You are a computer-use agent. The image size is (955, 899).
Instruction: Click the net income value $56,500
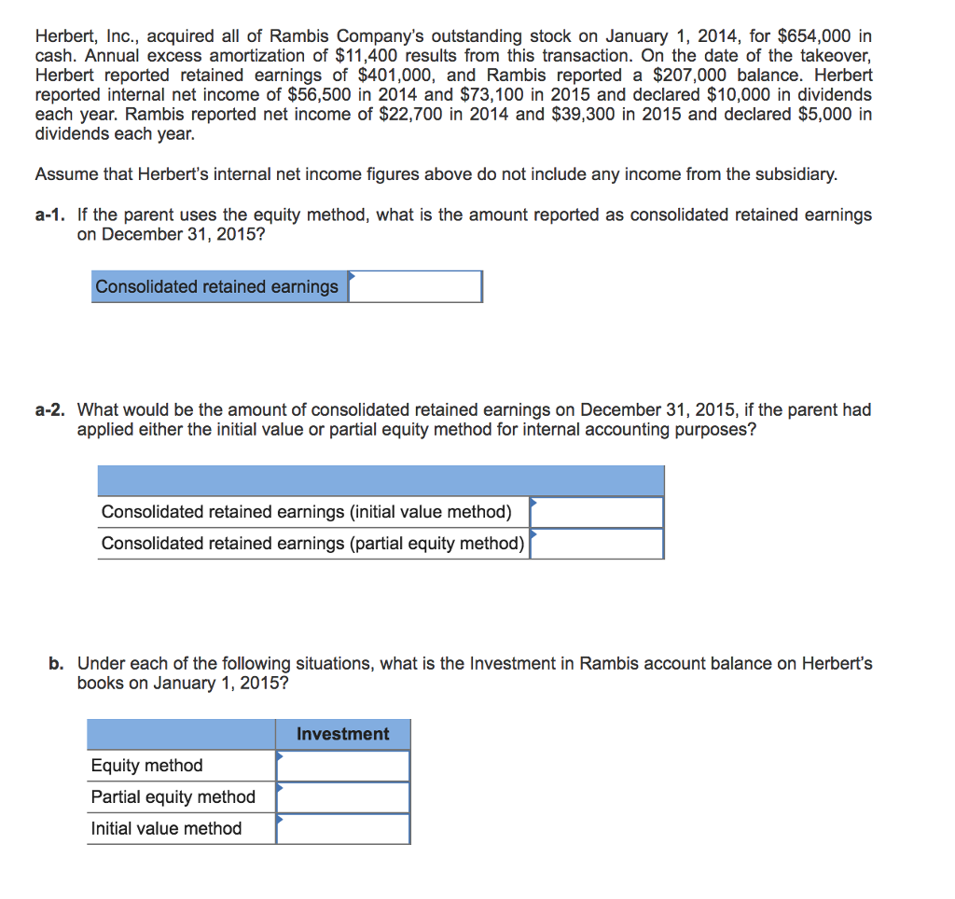click(x=319, y=95)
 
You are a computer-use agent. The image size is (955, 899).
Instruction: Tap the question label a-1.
click(x=50, y=215)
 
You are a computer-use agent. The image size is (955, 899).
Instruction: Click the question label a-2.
click(x=50, y=410)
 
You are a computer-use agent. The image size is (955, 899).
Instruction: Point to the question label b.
click(x=57, y=664)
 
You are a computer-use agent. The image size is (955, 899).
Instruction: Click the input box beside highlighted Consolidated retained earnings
click(x=415, y=287)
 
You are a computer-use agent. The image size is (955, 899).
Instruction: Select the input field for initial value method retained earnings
click(x=597, y=512)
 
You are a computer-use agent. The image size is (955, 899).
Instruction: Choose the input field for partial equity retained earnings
click(x=597, y=544)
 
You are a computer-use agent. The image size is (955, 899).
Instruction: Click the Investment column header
click(x=342, y=734)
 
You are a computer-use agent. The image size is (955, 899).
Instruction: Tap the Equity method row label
click(x=146, y=766)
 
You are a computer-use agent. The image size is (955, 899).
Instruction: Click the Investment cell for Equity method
click(x=342, y=766)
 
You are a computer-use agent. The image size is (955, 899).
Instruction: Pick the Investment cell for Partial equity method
click(x=342, y=797)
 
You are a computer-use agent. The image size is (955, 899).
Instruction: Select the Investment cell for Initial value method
click(x=342, y=829)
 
